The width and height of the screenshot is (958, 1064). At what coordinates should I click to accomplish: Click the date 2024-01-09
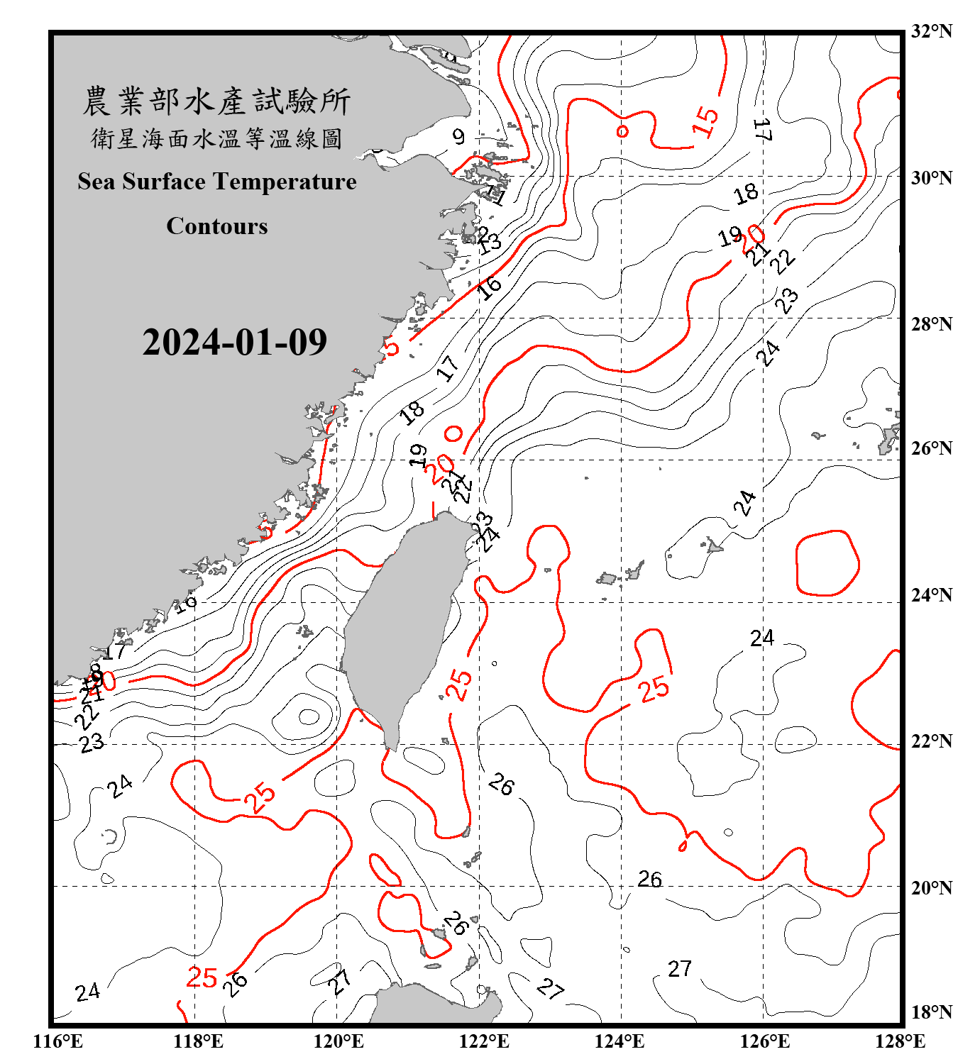click(234, 343)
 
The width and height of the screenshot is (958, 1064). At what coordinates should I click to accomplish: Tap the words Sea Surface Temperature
click(216, 182)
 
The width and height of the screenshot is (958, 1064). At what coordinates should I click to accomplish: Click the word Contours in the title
click(216, 226)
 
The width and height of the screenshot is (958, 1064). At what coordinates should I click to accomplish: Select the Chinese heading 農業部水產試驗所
click(216, 101)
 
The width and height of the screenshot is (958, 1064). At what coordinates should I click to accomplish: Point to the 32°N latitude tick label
click(931, 31)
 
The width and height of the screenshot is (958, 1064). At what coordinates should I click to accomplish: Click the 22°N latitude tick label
click(931, 741)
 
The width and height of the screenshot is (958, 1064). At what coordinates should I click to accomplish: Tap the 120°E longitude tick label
click(338, 1041)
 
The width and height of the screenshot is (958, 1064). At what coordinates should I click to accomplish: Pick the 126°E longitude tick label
click(764, 1041)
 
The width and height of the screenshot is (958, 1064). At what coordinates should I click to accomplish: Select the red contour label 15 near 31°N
click(705, 121)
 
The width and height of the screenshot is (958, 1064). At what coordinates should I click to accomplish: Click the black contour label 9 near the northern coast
click(458, 136)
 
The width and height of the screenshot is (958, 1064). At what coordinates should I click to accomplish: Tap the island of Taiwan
click(401, 624)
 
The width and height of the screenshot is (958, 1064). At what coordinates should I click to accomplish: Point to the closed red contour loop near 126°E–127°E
click(827, 563)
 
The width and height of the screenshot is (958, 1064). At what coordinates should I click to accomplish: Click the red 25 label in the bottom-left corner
click(202, 978)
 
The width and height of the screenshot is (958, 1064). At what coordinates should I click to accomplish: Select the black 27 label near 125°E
click(679, 969)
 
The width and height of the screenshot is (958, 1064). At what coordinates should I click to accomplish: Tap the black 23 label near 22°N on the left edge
click(92, 743)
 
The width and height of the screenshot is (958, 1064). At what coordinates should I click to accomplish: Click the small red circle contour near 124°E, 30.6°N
click(622, 131)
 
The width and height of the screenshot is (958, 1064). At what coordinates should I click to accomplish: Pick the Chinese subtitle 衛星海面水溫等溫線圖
click(216, 139)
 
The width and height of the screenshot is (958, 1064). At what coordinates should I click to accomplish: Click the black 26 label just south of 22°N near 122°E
click(501, 785)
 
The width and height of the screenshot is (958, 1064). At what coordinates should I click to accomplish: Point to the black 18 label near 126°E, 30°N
click(746, 194)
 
